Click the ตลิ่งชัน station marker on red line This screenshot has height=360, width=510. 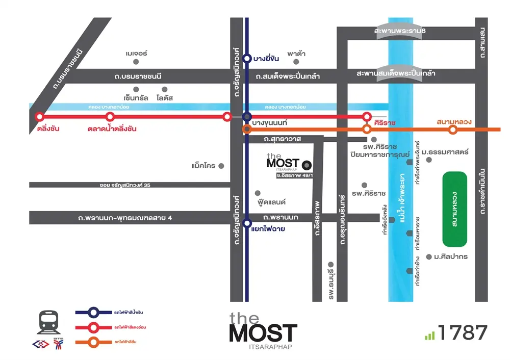coord(40,117)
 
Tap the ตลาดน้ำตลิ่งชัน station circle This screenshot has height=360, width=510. coord(110,117)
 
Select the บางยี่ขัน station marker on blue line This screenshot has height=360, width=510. coord(247,59)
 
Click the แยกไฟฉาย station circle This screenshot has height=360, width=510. coord(247,223)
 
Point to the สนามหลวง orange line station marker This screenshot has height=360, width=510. coord(452,130)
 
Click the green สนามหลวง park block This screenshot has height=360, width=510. coord(454,209)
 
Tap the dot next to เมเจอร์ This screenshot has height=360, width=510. coord(136,62)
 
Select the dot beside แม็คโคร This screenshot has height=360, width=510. coord(221,166)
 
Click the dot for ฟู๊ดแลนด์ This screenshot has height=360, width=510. coord(257,193)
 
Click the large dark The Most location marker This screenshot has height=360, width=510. coord(307,165)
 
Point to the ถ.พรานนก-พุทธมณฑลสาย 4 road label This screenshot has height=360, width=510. coord(125,218)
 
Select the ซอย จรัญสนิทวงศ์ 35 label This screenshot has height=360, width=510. coord(125,185)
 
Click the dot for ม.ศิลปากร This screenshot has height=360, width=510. coord(429,256)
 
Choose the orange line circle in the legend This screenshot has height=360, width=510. coord(94,341)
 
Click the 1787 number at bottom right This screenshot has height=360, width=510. coord(462,332)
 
